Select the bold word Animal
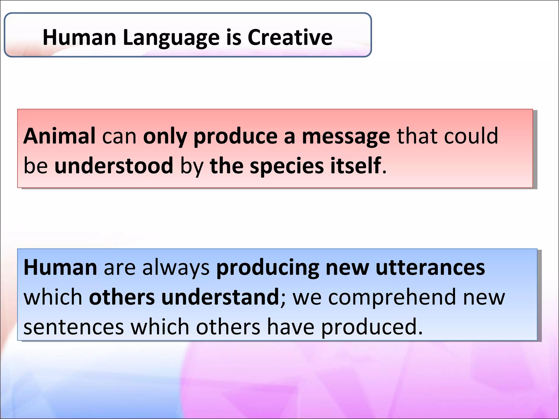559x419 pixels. (x=60, y=136)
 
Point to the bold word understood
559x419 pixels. (x=114, y=166)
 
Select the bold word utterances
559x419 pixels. (x=430, y=268)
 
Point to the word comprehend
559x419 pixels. (x=392, y=297)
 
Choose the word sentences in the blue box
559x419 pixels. (x=74, y=327)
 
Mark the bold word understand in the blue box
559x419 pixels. (x=220, y=297)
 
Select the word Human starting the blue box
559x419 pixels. (x=60, y=268)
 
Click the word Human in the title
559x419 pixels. (x=79, y=37)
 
